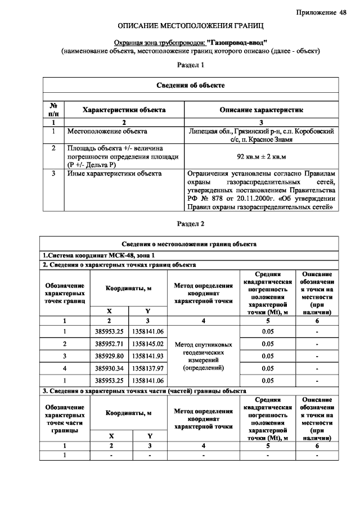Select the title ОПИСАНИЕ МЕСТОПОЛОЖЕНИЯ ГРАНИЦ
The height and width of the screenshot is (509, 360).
pos(191,26)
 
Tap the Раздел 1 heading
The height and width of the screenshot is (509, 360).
pos(191,65)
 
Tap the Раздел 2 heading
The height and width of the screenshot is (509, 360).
pos(191,224)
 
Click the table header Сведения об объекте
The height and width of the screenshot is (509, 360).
pos(191,85)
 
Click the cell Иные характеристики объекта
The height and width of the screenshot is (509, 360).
pos(114,173)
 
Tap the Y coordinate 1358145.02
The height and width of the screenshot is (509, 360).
pos(148,343)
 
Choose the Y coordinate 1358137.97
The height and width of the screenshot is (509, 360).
pos(148,368)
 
